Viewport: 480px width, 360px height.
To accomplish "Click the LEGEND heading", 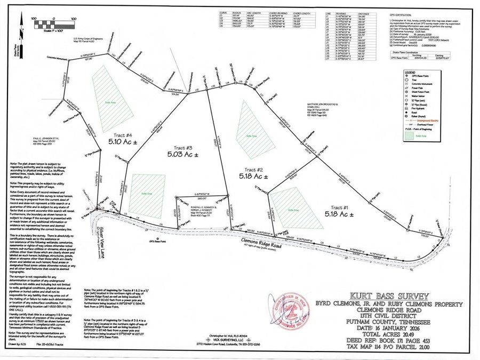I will tap(410, 71).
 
